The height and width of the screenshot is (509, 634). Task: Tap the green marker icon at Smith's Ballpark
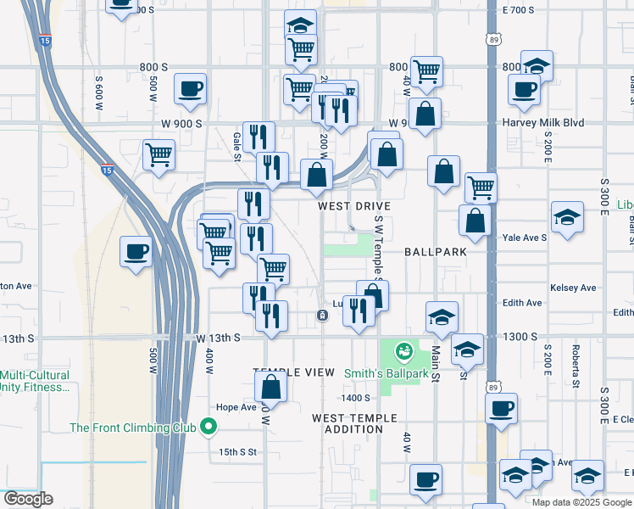click(404, 349)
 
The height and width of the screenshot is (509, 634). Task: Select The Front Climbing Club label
click(134, 428)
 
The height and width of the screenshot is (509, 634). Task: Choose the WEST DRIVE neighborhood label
click(354, 206)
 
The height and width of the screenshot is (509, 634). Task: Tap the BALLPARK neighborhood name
click(435, 252)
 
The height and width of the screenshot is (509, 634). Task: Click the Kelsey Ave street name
click(574, 288)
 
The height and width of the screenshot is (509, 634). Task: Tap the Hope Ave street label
click(236, 407)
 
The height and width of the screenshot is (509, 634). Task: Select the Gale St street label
click(237, 145)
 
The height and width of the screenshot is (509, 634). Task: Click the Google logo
click(29, 499)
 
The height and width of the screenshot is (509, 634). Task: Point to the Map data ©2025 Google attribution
click(580, 502)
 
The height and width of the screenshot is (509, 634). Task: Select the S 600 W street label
click(99, 92)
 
